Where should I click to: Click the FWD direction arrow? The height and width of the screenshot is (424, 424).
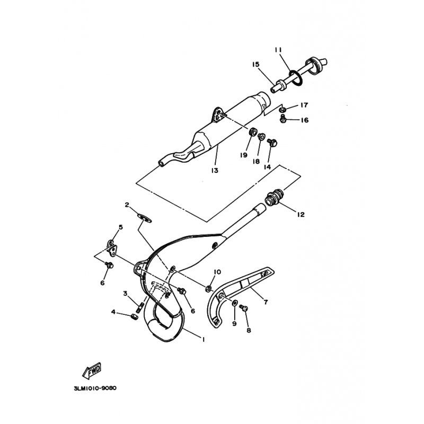click(x=92, y=370)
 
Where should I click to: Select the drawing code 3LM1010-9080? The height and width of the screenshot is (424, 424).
click(x=95, y=388)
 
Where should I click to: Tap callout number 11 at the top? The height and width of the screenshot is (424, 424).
click(x=278, y=50)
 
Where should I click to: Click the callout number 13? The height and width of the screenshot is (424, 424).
click(x=215, y=171)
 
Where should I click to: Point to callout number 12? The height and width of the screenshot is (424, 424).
click(x=301, y=215)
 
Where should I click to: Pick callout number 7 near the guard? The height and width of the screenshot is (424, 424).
click(x=266, y=302)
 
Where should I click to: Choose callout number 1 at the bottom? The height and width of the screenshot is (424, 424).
click(x=203, y=339)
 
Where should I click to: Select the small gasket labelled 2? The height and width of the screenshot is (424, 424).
click(x=144, y=218)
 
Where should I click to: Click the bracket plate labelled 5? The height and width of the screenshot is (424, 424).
click(x=112, y=248)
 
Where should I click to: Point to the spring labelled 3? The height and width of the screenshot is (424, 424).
click(x=139, y=308)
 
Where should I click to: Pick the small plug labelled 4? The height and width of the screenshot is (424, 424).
click(x=135, y=316)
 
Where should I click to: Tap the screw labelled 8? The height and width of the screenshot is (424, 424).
click(x=244, y=308)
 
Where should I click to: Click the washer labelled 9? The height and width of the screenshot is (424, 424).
click(x=234, y=302)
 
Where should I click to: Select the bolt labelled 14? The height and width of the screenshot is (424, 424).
click(x=271, y=143)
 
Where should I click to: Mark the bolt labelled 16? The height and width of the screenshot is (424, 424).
click(x=282, y=118)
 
